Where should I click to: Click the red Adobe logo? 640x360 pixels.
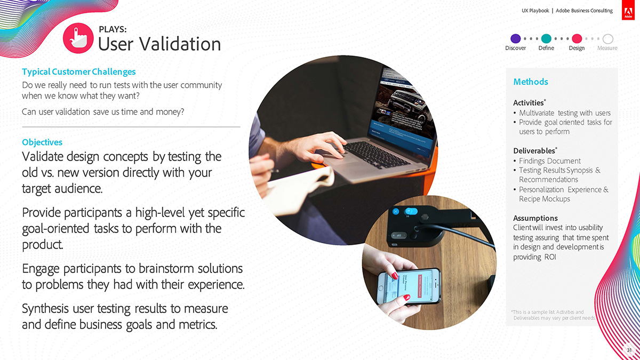[628, 10]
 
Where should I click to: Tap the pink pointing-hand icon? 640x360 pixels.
[78, 38]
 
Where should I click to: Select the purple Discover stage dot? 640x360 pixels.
[515, 38]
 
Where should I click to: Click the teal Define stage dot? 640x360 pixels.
[546, 38]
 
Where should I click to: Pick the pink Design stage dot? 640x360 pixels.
[577, 38]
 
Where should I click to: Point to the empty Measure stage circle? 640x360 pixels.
[607, 38]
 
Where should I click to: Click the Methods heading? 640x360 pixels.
[531, 82]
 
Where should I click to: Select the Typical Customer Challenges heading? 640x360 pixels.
[79, 71]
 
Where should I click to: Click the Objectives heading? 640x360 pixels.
[42, 142]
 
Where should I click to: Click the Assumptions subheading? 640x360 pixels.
[535, 218]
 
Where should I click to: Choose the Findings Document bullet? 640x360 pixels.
[550, 161]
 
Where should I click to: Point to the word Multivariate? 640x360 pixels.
[537, 113]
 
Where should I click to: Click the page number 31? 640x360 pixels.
[629, 350]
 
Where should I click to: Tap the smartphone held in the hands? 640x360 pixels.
[409, 286]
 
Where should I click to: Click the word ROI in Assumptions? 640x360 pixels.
[550, 257]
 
